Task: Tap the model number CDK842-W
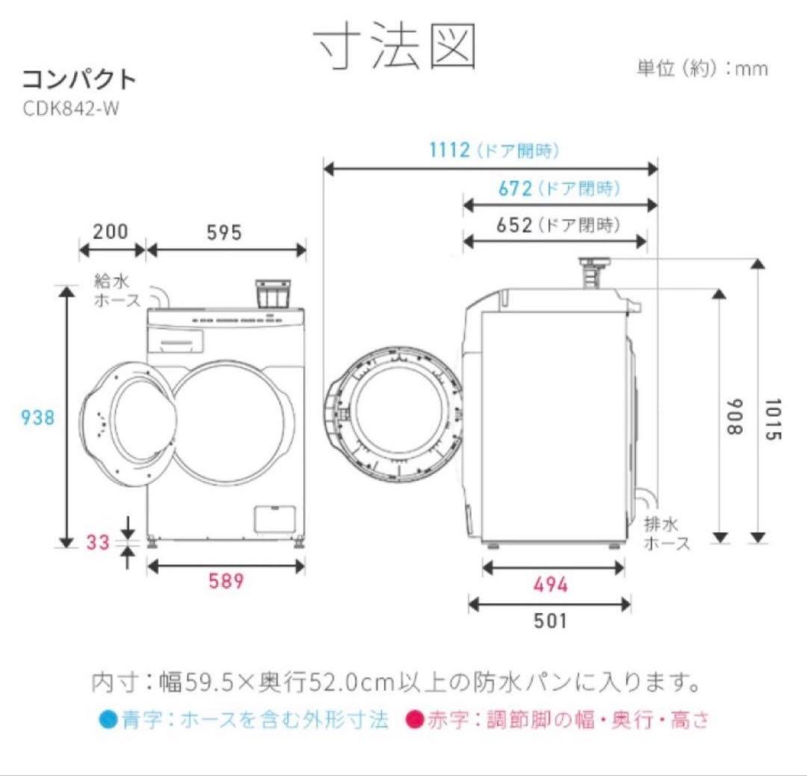click(x=71, y=108)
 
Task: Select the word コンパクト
click(x=78, y=79)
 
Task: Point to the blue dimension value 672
click(x=514, y=188)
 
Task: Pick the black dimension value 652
click(x=514, y=224)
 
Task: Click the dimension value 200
click(x=111, y=232)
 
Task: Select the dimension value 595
click(x=224, y=232)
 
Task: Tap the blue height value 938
click(x=37, y=418)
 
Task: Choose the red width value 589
click(x=226, y=581)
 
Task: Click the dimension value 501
click(x=550, y=620)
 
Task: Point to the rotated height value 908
click(x=736, y=418)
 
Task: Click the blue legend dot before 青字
click(x=107, y=720)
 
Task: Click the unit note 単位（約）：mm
click(x=702, y=69)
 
